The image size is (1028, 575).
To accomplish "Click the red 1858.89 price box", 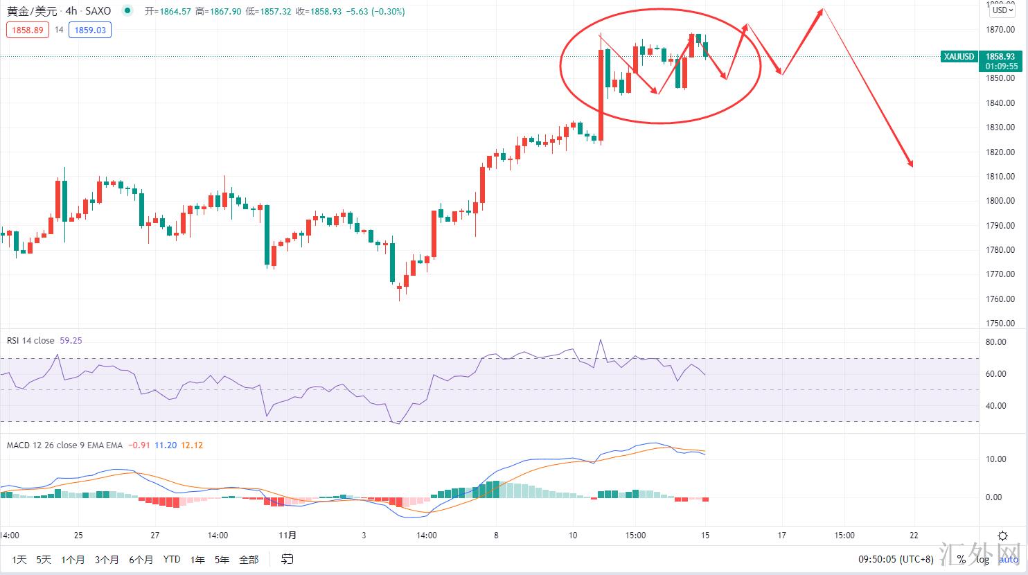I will tap(28, 30).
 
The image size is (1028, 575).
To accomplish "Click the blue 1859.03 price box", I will tap(91, 30).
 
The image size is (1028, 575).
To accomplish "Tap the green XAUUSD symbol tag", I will tap(959, 57).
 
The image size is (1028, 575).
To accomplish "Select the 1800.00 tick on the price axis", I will tap(1000, 201).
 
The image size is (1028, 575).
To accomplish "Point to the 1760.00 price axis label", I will tap(1000, 299).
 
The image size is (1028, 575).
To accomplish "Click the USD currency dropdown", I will tap(1001, 10).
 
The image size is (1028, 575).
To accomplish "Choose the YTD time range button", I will tap(171, 560).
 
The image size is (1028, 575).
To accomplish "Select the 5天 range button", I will tap(44, 560).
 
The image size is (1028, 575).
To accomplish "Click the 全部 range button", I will tap(249, 560).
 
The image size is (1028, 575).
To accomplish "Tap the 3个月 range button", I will tap(107, 560).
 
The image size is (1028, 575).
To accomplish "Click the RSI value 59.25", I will tap(71, 340).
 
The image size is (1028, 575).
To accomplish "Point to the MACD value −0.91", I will tap(141, 445).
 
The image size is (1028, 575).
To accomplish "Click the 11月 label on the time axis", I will tap(287, 536).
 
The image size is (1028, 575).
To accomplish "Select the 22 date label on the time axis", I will tap(914, 536).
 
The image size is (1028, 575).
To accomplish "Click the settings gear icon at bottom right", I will tap(1002, 536).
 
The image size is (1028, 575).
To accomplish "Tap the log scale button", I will tap(982, 560).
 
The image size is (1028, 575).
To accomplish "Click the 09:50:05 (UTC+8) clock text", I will tap(896, 560).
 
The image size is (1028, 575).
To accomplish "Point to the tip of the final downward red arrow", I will tap(912, 166).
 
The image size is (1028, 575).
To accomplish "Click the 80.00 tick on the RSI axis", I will tap(995, 342).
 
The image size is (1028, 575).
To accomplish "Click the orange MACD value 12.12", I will tap(191, 445).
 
